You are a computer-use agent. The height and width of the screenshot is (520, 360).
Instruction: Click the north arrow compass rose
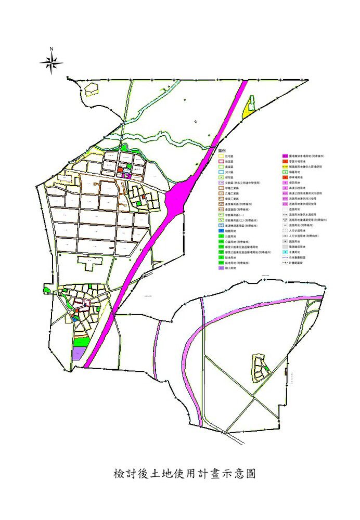tap(52, 62)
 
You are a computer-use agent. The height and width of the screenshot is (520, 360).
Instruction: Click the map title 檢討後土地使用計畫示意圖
tap(184, 474)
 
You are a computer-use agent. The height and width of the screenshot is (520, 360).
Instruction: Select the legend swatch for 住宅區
tap(221, 155)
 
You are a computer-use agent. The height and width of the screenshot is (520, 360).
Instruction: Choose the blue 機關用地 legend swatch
tap(221, 231)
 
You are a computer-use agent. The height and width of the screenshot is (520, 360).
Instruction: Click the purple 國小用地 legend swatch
tap(221, 269)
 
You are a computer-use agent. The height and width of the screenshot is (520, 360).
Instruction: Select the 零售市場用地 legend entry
tap(285, 161)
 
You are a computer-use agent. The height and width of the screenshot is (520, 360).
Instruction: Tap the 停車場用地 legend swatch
tap(285, 177)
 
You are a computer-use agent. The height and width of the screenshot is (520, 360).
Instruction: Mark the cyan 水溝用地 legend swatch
tap(285, 252)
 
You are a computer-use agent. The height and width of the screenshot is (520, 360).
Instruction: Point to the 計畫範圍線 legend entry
tap(291, 263)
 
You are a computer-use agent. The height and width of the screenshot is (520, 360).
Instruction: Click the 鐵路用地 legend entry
tap(285, 241)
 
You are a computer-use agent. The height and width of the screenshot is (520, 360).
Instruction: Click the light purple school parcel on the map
tap(78, 354)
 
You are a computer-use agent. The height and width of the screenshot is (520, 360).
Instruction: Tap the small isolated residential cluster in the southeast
tap(259, 368)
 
